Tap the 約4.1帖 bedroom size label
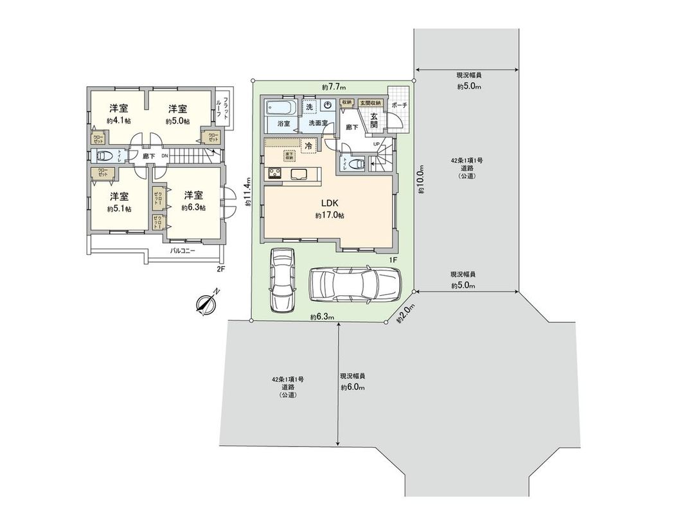click(x=119, y=120)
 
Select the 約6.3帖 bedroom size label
click(x=193, y=208)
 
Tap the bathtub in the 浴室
click(x=280, y=106)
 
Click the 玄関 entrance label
click(x=373, y=120)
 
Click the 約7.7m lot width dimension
click(x=334, y=87)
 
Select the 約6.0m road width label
click(x=353, y=387)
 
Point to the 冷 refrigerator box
click(x=309, y=146)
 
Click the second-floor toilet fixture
click(x=102, y=155)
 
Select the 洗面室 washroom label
click(x=317, y=122)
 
